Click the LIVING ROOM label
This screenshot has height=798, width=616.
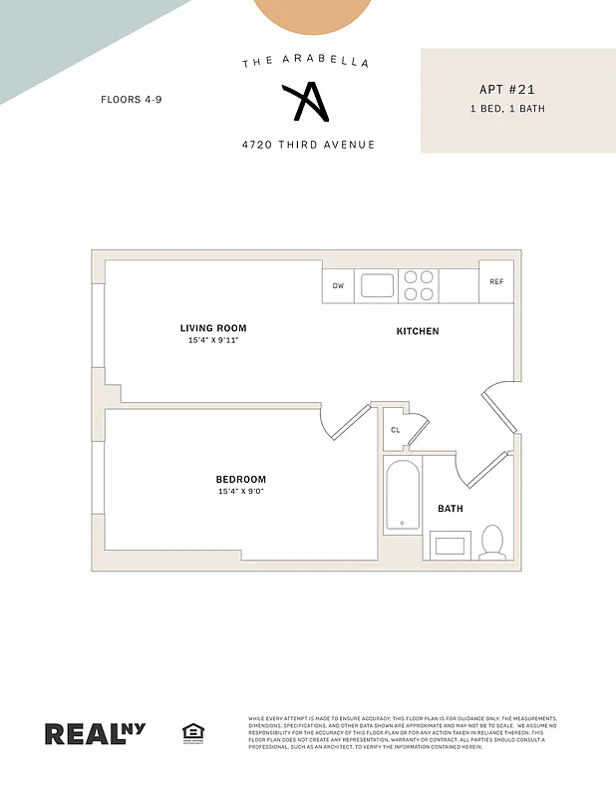[x=213, y=328]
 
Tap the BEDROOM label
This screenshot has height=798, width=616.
[x=242, y=480]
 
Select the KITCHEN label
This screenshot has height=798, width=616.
[x=418, y=331]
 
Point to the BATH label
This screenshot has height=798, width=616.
[x=451, y=509]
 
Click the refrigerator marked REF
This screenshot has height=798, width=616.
[x=496, y=281]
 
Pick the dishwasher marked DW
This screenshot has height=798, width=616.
[x=338, y=286]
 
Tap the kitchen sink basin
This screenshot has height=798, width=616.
[x=377, y=286]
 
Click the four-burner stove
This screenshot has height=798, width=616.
[x=418, y=286]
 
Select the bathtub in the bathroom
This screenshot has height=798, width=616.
[x=403, y=495]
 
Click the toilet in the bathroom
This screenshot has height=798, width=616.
[x=491, y=542]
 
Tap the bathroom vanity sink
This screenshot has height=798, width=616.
[x=450, y=546]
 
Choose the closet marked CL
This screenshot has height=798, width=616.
[x=396, y=430]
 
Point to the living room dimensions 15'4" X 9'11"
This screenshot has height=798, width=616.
[x=213, y=340]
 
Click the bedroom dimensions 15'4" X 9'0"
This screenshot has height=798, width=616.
[x=242, y=491]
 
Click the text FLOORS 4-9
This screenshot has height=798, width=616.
[x=131, y=99]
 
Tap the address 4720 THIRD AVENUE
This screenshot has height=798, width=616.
[x=308, y=145]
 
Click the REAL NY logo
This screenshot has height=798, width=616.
[x=95, y=732]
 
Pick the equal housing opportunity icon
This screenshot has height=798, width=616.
[x=193, y=733]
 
